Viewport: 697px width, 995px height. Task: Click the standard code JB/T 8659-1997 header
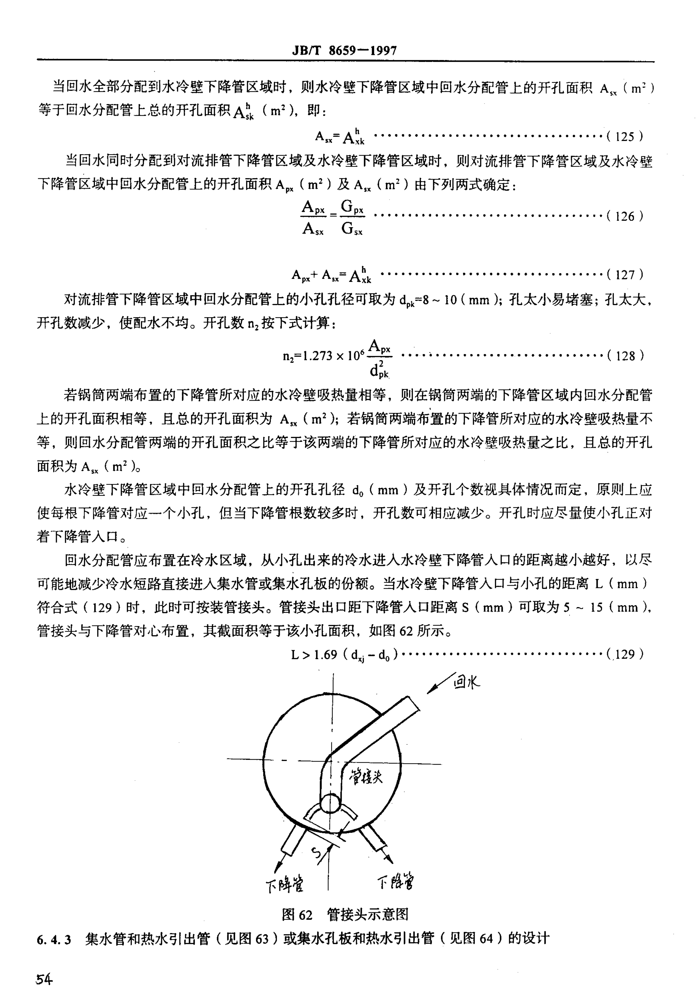[344, 51]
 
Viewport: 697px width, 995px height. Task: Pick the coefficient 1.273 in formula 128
[318, 356]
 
